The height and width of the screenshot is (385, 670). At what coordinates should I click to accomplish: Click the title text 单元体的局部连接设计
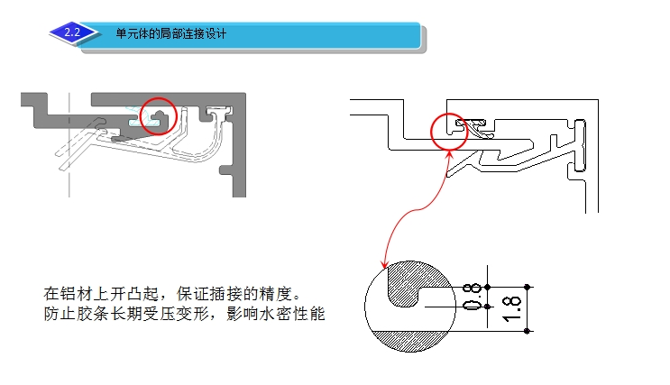click(x=170, y=35)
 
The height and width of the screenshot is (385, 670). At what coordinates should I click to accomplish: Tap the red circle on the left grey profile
click(x=160, y=115)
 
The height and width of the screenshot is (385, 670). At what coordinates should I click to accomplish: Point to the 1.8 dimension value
click(x=511, y=308)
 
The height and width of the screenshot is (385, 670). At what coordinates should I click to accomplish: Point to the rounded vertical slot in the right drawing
click(x=580, y=144)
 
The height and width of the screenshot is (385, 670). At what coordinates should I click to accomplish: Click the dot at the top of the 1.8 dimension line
click(x=528, y=286)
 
